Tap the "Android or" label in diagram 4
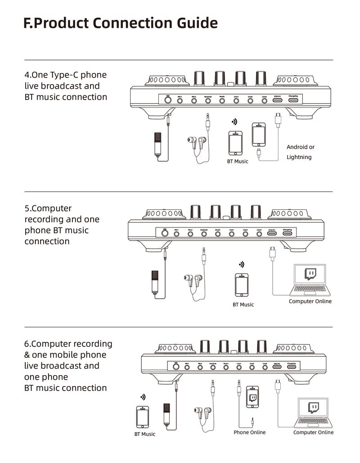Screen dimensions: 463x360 coord(301,147)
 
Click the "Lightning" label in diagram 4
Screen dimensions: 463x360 coord(299,157)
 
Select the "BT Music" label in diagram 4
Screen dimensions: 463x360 coord(237,161)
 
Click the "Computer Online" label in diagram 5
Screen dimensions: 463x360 coord(310,301)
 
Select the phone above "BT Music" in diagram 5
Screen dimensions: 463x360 coord(242,285)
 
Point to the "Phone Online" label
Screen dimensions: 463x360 coord(250,432)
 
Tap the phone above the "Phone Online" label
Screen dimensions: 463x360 coord(253,397)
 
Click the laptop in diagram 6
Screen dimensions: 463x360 coord(314,413)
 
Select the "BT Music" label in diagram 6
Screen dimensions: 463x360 coord(145,434)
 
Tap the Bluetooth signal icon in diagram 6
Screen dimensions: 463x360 coord(143,397)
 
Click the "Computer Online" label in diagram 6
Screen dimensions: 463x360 coord(313,432)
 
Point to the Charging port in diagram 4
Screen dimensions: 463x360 coord(293,100)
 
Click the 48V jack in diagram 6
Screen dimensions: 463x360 coord(176,367)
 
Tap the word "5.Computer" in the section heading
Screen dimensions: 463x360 coord(48,209)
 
